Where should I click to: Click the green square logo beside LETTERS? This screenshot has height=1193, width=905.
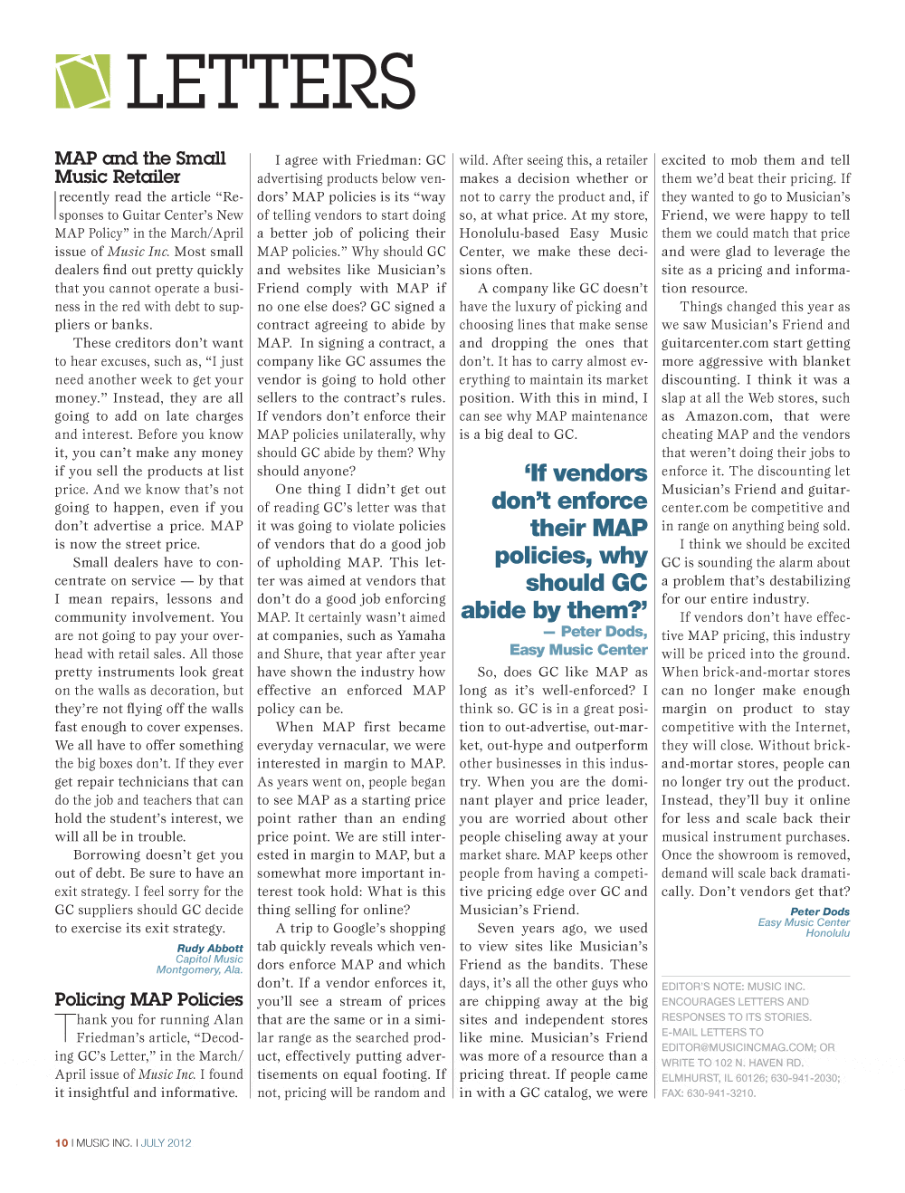click(x=83, y=81)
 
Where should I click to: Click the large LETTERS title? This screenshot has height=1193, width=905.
click(x=271, y=82)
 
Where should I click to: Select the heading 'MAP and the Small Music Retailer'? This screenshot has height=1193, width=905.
click(x=140, y=167)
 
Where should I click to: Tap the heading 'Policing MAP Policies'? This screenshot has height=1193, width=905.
click(x=148, y=999)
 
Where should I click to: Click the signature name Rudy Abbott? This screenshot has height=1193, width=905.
click(x=210, y=949)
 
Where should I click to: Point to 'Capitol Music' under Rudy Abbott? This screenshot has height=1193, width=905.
click(x=209, y=959)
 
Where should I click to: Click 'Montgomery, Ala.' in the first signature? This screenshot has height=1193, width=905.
click(x=199, y=970)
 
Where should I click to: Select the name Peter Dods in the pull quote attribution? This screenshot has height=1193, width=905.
click(x=604, y=632)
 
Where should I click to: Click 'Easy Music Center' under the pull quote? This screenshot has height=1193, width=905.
click(x=578, y=650)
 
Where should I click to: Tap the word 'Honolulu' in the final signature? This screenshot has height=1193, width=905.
click(x=827, y=933)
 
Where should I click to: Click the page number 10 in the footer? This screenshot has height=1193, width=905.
click(x=62, y=1143)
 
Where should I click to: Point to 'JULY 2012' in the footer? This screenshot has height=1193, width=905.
click(x=167, y=1143)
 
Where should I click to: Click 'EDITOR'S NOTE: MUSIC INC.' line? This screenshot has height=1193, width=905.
click(x=733, y=987)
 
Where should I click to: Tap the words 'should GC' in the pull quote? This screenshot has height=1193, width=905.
click(x=586, y=582)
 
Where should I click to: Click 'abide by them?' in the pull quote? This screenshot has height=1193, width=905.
click(x=554, y=610)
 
